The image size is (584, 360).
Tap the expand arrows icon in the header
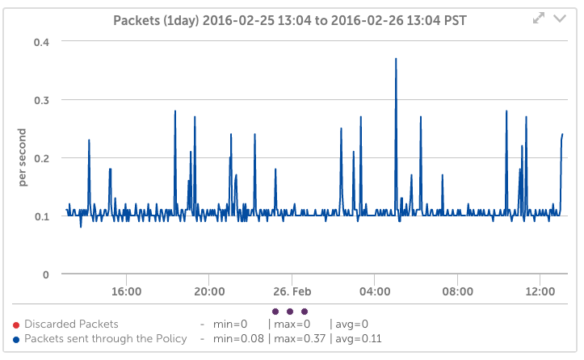coord(539,18)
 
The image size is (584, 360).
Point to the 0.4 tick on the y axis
coord(40,42)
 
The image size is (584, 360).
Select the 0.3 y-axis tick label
coord(40,100)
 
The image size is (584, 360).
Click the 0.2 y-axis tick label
coord(40,158)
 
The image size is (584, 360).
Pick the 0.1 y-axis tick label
coord(40,216)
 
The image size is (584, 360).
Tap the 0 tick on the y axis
coord(46,274)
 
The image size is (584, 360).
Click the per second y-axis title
coord(24,158)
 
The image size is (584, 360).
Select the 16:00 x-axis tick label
coord(127,291)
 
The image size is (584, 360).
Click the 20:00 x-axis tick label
coord(209,291)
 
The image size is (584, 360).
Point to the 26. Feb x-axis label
coord(292,291)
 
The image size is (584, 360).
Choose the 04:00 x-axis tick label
coord(375,291)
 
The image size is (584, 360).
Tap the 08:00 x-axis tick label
coord(458,291)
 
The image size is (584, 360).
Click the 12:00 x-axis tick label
coord(540,291)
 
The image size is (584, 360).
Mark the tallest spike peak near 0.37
coord(396,59)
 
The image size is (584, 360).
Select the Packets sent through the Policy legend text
coord(106,338)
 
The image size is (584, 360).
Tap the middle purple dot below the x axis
coord(289,311)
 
